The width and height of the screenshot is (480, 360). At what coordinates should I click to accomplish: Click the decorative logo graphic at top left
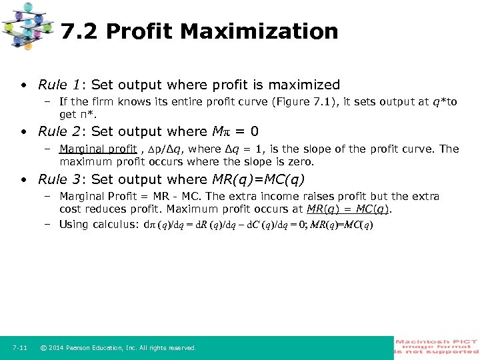click(x=27, y=25)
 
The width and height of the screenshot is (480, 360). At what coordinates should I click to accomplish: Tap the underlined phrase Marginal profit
click(x=98, y=149)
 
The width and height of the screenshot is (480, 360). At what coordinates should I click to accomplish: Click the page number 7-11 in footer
click(x=19, y=348)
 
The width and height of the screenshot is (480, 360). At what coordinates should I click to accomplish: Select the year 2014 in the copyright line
click(x=57, y=348)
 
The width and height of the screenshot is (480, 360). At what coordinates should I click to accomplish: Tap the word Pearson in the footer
click(x=82, y=348)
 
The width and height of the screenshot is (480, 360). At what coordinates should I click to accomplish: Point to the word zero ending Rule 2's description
click(x=300, y=161)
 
